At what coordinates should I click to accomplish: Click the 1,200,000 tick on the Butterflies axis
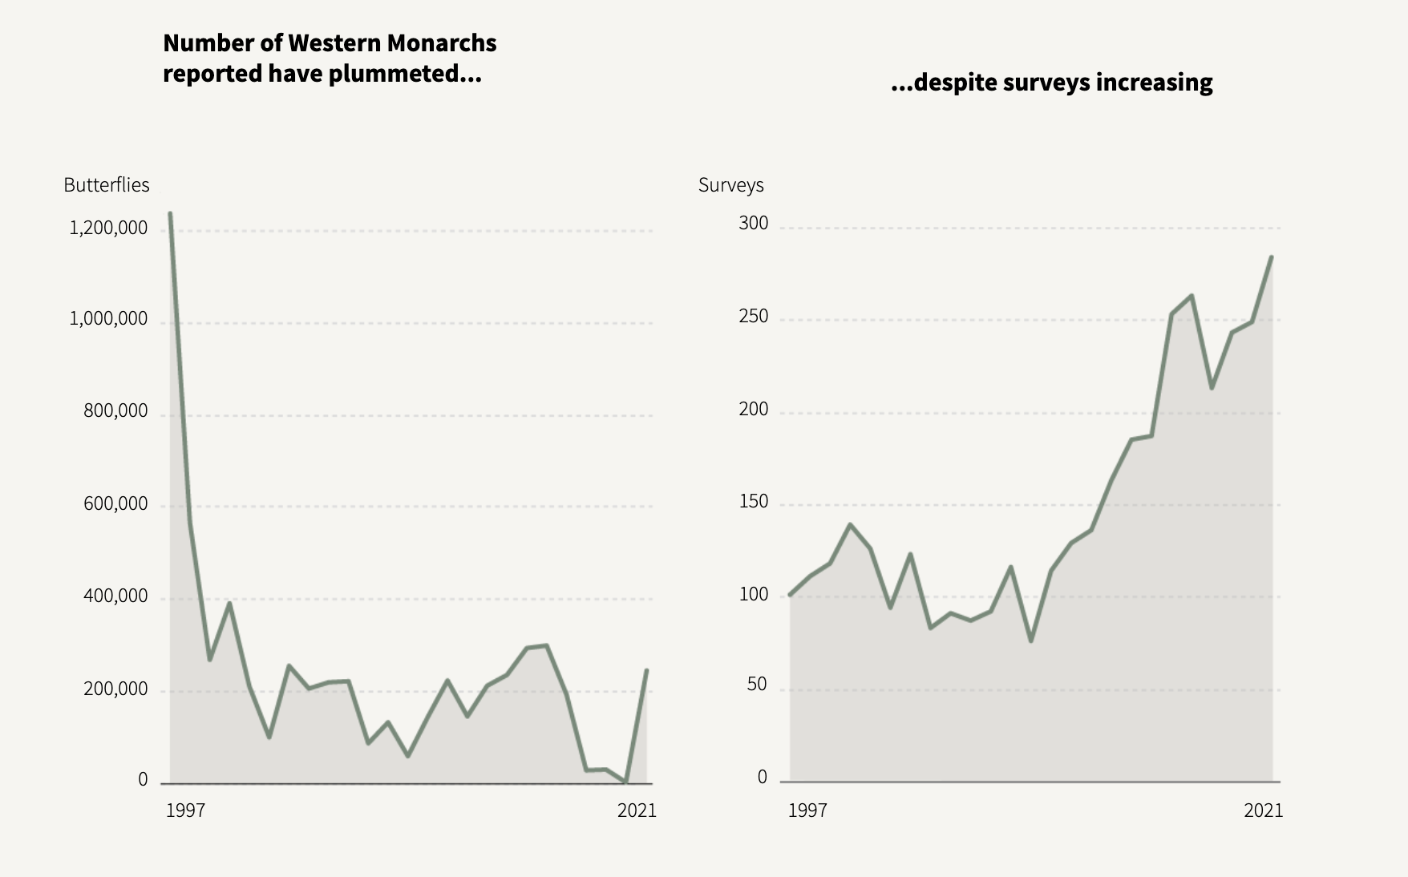[108, 228]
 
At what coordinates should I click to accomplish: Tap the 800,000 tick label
[115, 411]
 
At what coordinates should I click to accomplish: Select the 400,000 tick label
[115, 596]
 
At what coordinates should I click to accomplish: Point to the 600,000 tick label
[115, 504]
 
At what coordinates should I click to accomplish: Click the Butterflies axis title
[107, 185]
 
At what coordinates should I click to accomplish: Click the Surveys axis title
[730, 185]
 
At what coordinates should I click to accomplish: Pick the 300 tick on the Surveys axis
[753, 224]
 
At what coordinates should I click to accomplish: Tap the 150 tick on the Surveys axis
[753, 502]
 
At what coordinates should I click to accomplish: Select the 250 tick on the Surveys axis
[753, 317]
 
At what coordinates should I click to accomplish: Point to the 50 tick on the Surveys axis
[757, 685]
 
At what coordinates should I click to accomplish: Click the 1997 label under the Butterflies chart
[185, 810]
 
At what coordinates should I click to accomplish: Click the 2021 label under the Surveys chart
[1263, 810]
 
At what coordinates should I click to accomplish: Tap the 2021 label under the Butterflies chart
[637, 810]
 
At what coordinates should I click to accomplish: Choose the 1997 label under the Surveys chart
[807, 810]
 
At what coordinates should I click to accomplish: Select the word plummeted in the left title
[410, 74]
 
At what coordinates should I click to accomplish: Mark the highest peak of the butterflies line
[170, 213]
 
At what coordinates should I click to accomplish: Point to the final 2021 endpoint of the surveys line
[1272, 257]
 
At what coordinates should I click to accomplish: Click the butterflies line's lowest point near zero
[625, 782]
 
